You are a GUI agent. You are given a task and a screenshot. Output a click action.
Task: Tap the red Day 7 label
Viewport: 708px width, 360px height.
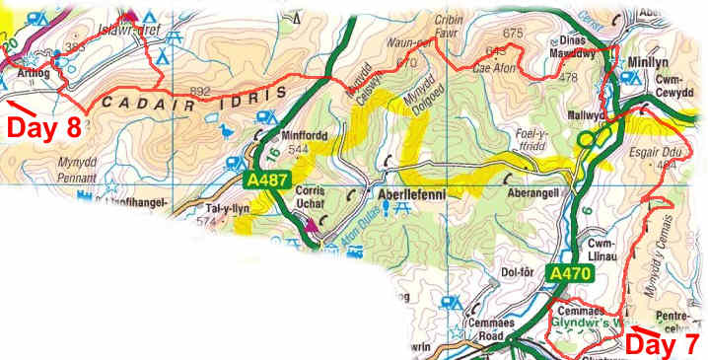tap(664, 343)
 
